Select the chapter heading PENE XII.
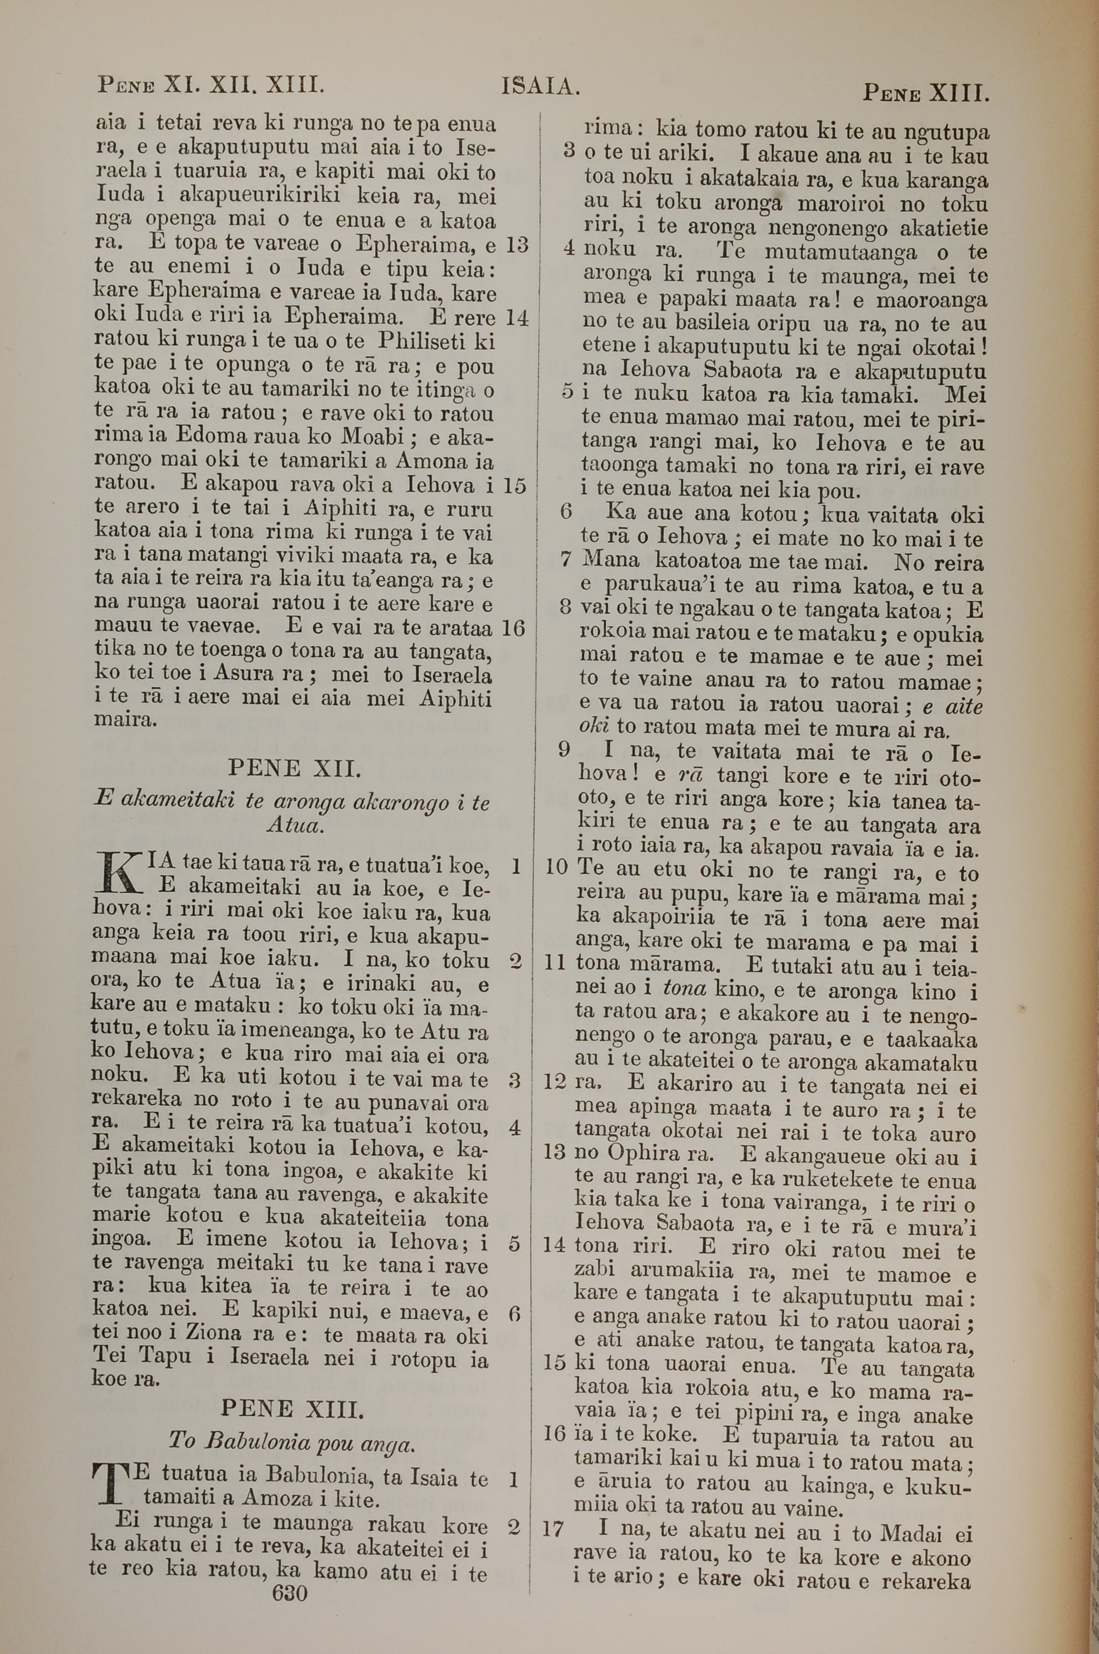(295, 769)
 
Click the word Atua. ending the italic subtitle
(295, 825)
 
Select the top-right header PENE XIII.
(925, 92)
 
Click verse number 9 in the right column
(564, 750)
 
